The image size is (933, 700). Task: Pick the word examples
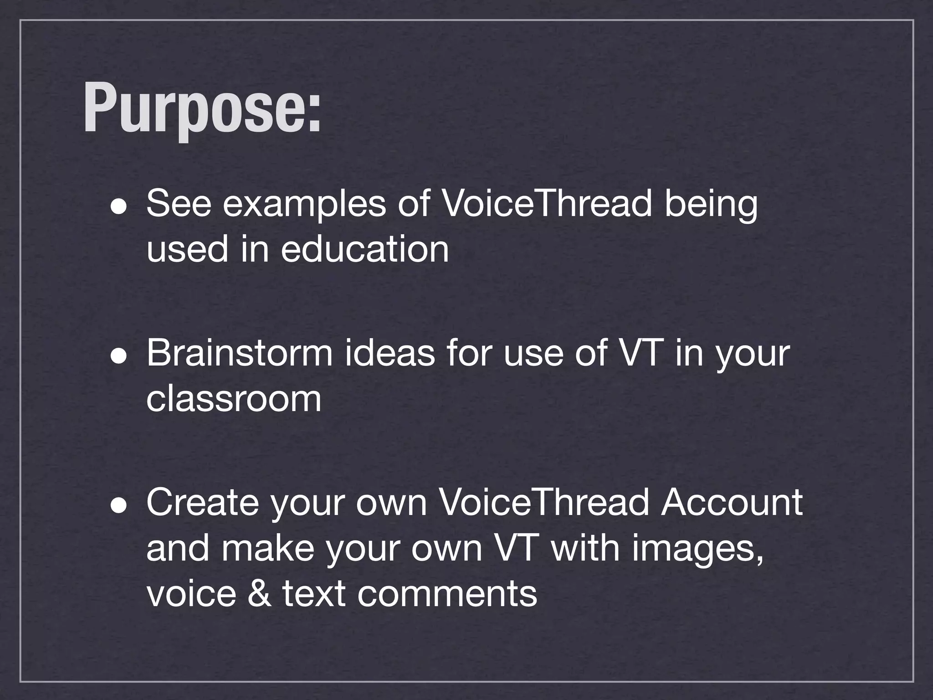(304, 205)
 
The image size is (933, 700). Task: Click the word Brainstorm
(240, 353)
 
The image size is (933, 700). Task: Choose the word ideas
(390, 353)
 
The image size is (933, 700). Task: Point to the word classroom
(234, 399)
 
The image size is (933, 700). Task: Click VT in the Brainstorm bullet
(638, 353)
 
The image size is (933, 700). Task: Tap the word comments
(447, 595)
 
